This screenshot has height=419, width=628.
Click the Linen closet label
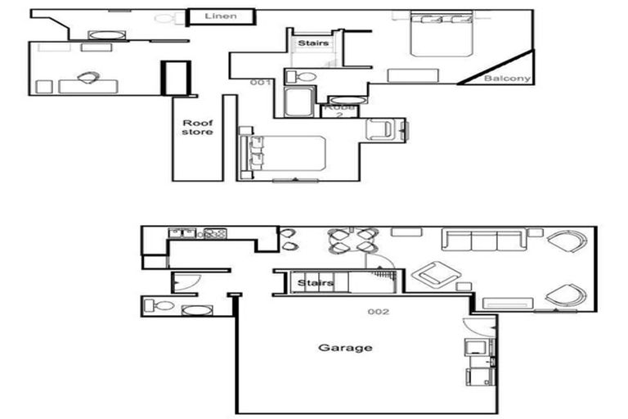coord(221,16)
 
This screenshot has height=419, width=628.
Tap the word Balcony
coord(507,79)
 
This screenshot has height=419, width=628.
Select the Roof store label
coord(197,127)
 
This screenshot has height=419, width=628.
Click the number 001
coord(260,82)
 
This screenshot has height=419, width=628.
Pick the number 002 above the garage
coord(378,312)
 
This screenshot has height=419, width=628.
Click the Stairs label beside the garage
coord(315,283)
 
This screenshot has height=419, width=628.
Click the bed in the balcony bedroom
coord(441,34)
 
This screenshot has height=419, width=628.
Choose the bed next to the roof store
coord(282,154)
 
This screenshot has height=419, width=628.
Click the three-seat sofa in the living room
coord(483,240)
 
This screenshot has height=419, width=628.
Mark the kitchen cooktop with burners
coord(215,233)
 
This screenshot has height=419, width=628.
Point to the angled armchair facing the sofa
coord(435,274)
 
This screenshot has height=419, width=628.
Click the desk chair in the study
coord(87,77)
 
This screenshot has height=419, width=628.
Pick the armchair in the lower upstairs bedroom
coord(382,128)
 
